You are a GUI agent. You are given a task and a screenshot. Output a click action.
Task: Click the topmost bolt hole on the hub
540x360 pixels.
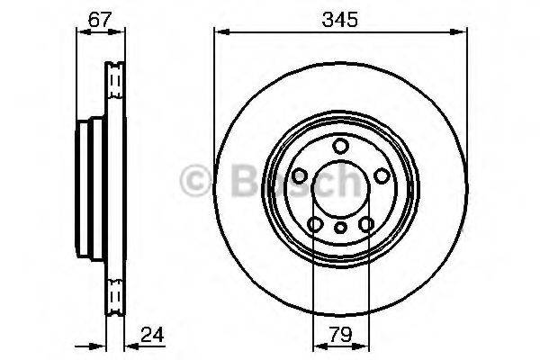(x=340, y=147)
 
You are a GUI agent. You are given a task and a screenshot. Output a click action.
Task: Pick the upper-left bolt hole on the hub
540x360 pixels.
(x=300, y=175)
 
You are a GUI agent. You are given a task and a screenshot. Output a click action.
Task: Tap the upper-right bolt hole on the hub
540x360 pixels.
(x=381, y=175)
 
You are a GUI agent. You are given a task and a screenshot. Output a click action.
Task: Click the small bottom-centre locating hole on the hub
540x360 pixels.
(x=340, y=228)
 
